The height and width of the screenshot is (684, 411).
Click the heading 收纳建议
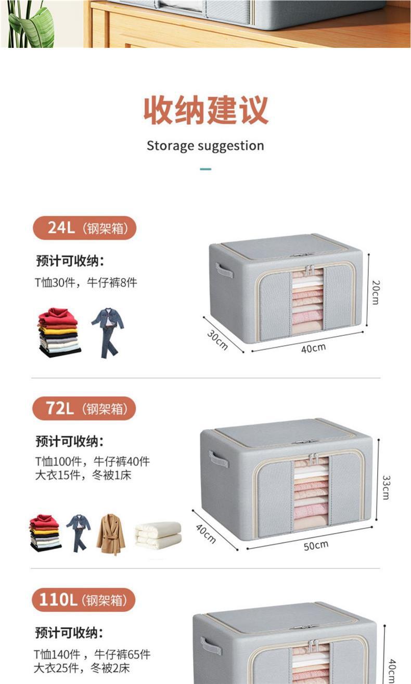[x=206, y=110]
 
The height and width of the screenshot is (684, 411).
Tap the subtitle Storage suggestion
[x=205, y=146]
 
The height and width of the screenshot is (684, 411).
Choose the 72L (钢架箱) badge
[x=83, y=408]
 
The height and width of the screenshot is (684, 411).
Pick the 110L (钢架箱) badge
[x=83, y=600]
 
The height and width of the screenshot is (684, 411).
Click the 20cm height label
[x=376, y=292]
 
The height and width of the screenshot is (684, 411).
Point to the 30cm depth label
[x=217, y=340]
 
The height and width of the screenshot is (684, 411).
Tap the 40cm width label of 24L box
[x=313, y=348]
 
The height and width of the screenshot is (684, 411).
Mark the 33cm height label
[x=386, y=487]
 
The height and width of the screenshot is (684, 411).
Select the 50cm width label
[x=316, y=545]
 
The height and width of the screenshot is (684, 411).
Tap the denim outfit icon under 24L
[x=108, y=332]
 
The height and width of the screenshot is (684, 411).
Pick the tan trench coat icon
[x=111, y=534]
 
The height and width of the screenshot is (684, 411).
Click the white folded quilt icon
[x=158, y=535]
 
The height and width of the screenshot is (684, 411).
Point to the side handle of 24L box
[x=224, y=270]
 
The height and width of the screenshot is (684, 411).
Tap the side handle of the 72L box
[x=219, y=459]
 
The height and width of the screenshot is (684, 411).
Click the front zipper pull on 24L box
[x=309, y=270]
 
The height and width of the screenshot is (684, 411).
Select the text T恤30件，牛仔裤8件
[x=86, y=282]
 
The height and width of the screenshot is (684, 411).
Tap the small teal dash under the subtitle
[x=205, y=169]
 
